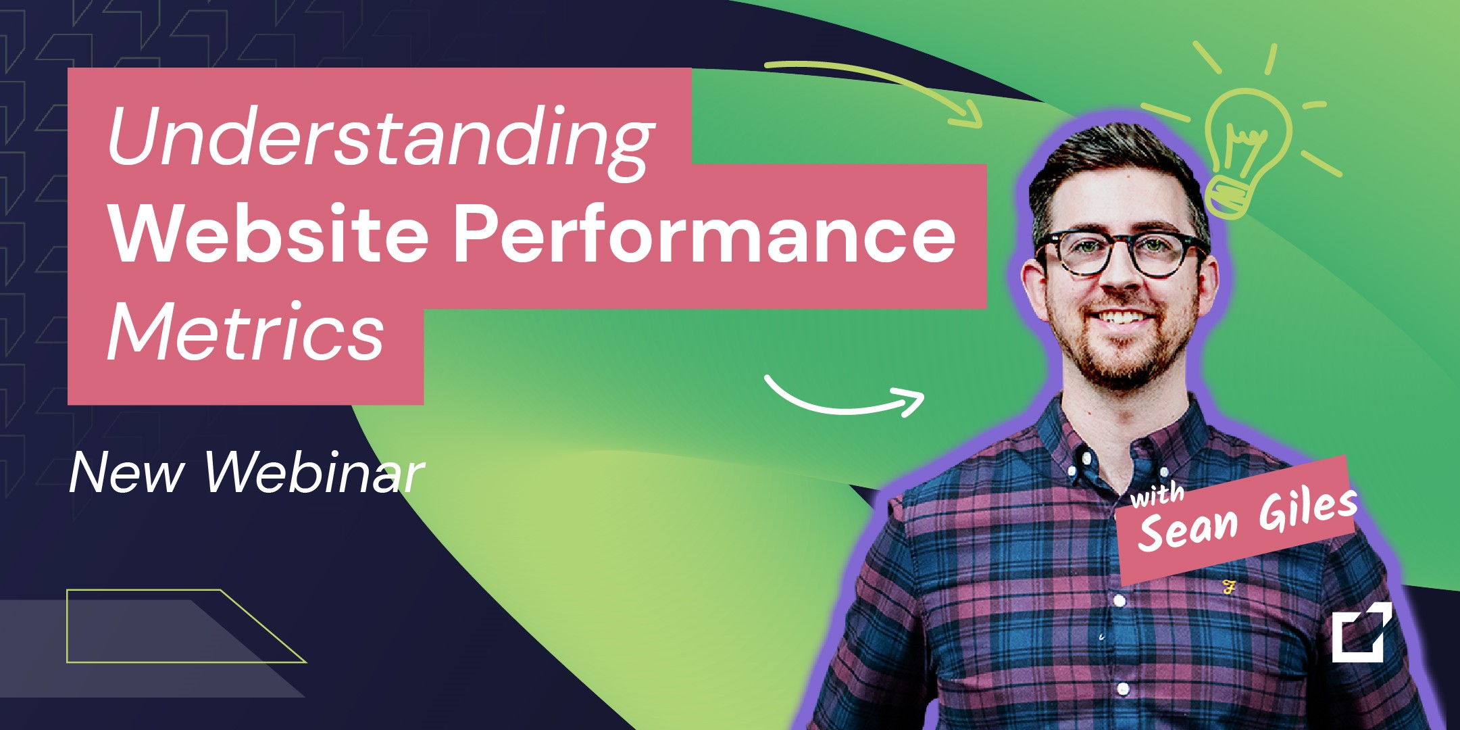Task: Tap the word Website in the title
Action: (x=269, y=233)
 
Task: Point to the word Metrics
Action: (x=246, y=331)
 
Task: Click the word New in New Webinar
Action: (x=126, y=472)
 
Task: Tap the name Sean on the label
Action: (x=1189, y=528)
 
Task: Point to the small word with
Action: (x=1157, y=495)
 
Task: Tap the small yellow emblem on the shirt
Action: (x=1229, y=587)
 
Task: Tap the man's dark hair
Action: (x=1115, y=169)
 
